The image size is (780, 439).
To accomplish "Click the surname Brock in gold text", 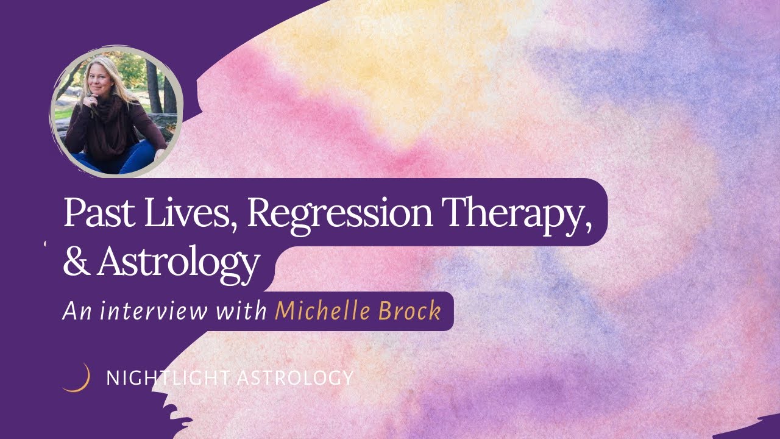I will (411, 311).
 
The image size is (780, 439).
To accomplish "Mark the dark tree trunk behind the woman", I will (152, 85).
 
